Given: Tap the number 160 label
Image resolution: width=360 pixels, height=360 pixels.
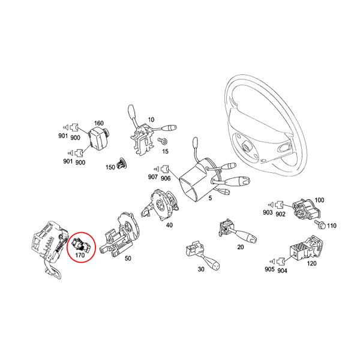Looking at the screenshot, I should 99,122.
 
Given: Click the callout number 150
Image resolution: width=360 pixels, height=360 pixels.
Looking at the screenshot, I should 110,167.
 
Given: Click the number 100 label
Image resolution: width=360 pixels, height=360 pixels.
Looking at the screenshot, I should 319,200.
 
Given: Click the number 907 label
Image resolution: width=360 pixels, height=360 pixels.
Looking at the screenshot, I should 153,178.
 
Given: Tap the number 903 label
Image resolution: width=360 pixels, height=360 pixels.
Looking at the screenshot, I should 268,213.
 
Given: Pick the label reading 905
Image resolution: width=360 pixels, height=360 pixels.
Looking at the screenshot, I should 270,270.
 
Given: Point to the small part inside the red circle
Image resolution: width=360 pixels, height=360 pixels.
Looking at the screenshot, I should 79,244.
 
